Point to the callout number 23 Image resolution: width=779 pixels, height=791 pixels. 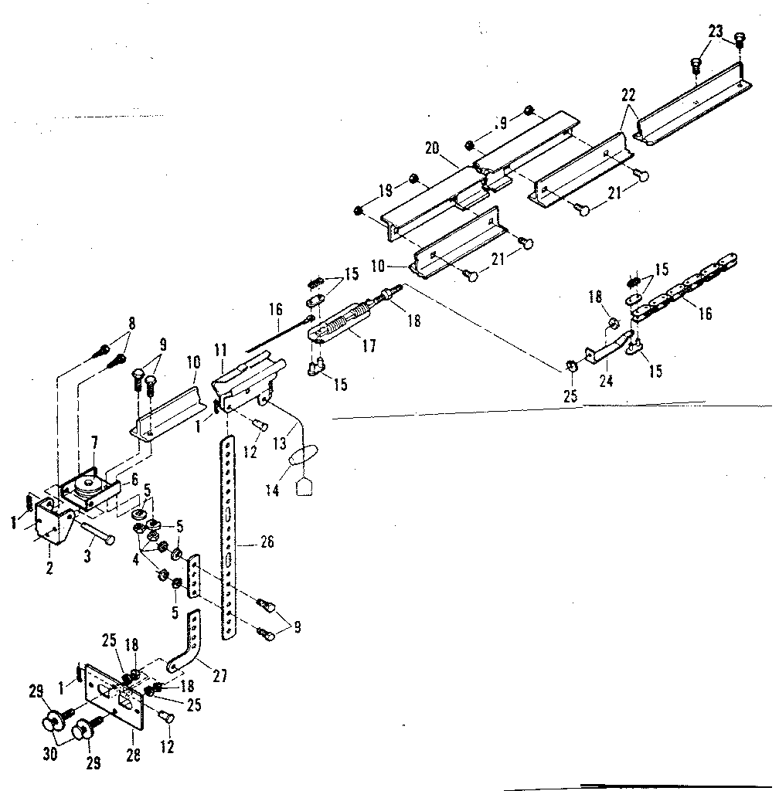714,32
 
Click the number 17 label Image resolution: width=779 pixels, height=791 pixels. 369,346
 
